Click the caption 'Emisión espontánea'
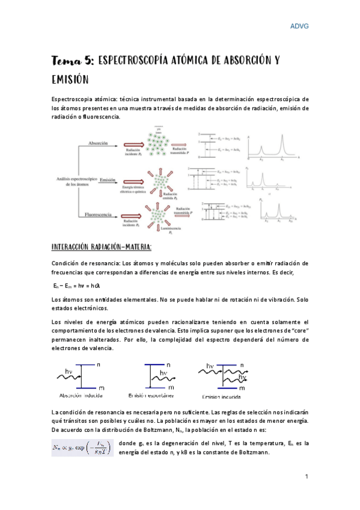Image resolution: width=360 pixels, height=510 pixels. (151, 396)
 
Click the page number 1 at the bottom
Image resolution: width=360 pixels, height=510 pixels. (306, 477)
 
